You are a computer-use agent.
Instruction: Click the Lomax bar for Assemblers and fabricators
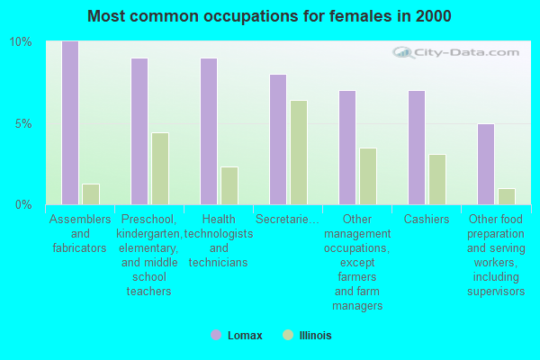pyautogui.click(x=70, y=123)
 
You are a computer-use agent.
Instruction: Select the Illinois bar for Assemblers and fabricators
pyautogui.click(x=91, y=194)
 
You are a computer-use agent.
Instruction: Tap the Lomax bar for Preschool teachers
pyautogui.click(x=139, y=131)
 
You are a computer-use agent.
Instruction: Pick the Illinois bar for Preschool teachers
pyautogui.click(x=160, y=169)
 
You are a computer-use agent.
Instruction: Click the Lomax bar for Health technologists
pyautogui.click(x=209, y=131)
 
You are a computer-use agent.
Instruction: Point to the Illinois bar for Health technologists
pyautogui.click(x=229, y=186)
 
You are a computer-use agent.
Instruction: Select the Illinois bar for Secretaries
pyautogui.click(x=299, y=153)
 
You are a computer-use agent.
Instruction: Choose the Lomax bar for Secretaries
pyautogui.click(x=278, y=139)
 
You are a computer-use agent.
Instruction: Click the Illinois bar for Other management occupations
pyautogui.click(x=368, y=176)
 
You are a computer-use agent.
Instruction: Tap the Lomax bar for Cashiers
pyautogui.click(x=417, y=148)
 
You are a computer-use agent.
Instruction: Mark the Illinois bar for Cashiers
pyautogui.click(x=437, y=179)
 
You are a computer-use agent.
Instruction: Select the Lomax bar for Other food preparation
pyautogui.click(x=486, y=165)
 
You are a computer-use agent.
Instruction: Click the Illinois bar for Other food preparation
pyautogui.click(x=507, y=197)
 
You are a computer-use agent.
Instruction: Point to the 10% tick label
pyautogui.click(x=21, y=42)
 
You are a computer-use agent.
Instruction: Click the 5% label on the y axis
pyautogui.click(x=23, y=123)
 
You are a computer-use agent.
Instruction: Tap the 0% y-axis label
pyautogui.click(x=23, y=205)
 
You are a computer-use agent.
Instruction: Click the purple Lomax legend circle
pyautogui.click(x=216, y=335)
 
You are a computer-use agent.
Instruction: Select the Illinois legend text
pyautogui.click(x=316, y=335)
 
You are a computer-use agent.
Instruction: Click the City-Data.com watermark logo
pyautogui.click(x=455, y=53)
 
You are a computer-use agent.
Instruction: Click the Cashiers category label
pyautogui.click(x=427, y=219)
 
